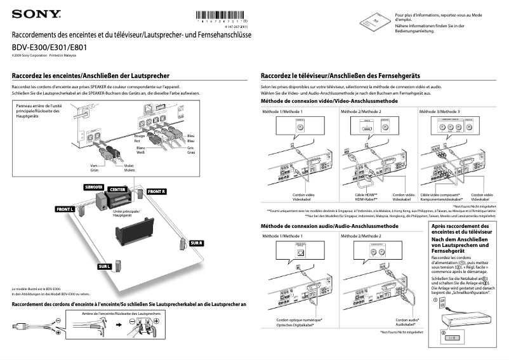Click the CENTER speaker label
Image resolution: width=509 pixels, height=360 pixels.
[x=117, y=189]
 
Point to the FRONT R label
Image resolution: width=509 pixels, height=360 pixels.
[x=156, y=191]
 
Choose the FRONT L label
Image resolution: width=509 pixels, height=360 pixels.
[x=65, y=209]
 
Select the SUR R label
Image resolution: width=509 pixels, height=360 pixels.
[x=196, y=243]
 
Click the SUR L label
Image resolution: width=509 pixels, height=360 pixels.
[x=105, y=266]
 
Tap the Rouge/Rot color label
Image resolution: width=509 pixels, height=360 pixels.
[x=141, y=138]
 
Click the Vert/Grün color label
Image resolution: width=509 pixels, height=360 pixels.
[x=95, y=168]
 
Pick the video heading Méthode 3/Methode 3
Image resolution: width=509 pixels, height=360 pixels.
[x=440, y=112]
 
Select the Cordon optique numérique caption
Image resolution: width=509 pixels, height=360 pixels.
[x=299, y=322]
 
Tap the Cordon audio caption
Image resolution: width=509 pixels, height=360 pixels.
[x=407, y=322]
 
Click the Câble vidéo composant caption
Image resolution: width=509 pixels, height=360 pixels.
[x=439, y=196]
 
